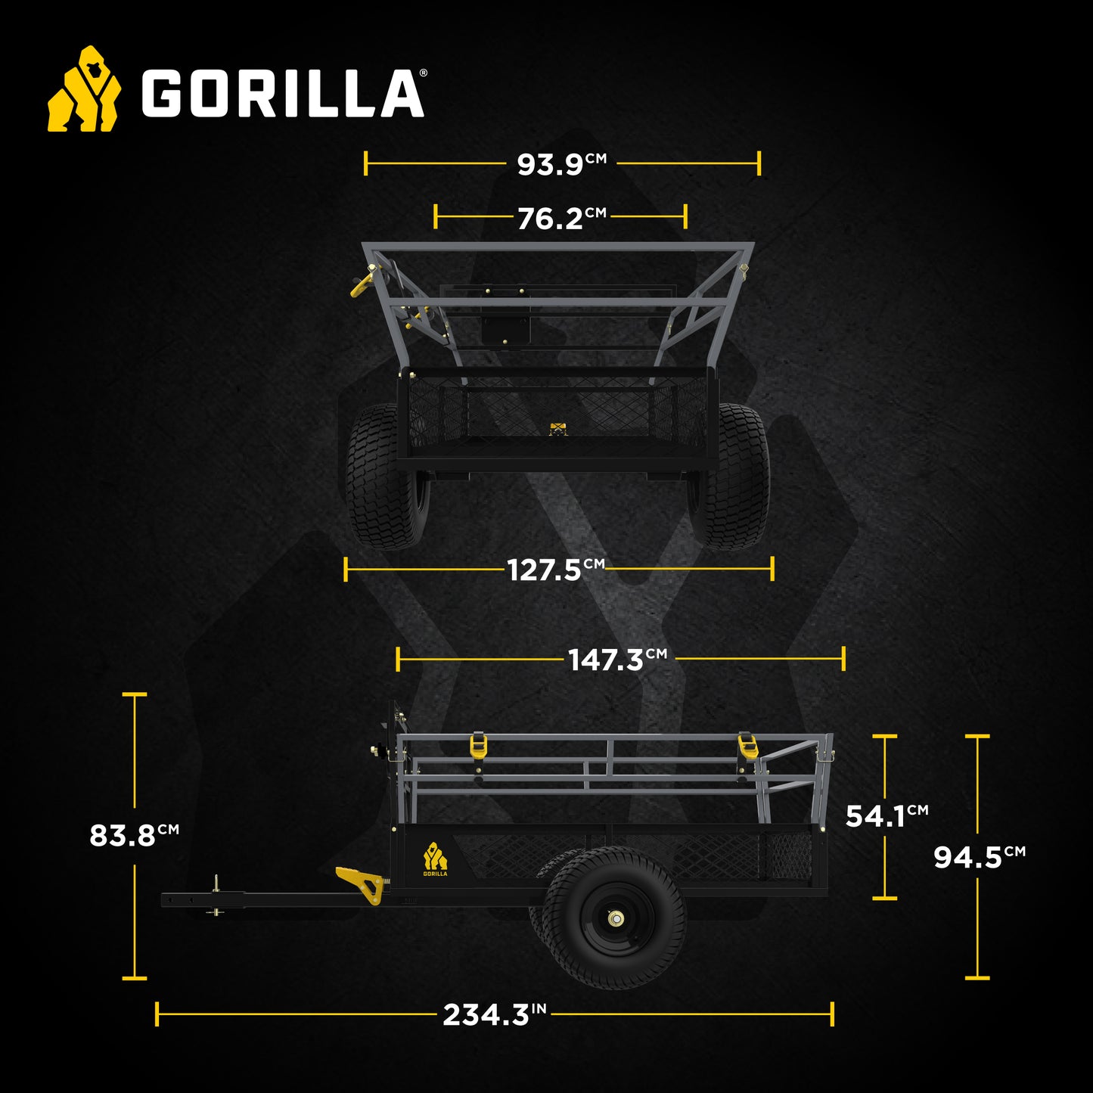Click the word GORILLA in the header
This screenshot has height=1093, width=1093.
click(283, 94)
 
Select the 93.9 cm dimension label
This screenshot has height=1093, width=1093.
click(560, 163)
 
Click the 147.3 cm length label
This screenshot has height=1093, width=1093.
click(616, 660)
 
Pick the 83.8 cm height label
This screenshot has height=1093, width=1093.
click(134, 835)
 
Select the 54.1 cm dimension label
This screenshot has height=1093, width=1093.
click(886, 815)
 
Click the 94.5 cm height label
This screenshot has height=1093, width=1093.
click(979, 857)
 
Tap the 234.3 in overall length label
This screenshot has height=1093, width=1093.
click(494, 1014)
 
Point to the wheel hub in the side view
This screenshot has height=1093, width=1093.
click(615, 919)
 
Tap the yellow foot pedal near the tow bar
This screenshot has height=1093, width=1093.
click(361, 883)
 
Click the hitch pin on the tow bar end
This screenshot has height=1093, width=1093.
click(216, 896)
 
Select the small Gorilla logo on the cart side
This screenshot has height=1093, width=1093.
click(435, 859)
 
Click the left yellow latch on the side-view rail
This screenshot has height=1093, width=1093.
click(478, 747)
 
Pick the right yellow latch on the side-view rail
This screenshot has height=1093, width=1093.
click(747, 747)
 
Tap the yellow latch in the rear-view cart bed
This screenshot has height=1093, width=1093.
click(557, 429)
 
